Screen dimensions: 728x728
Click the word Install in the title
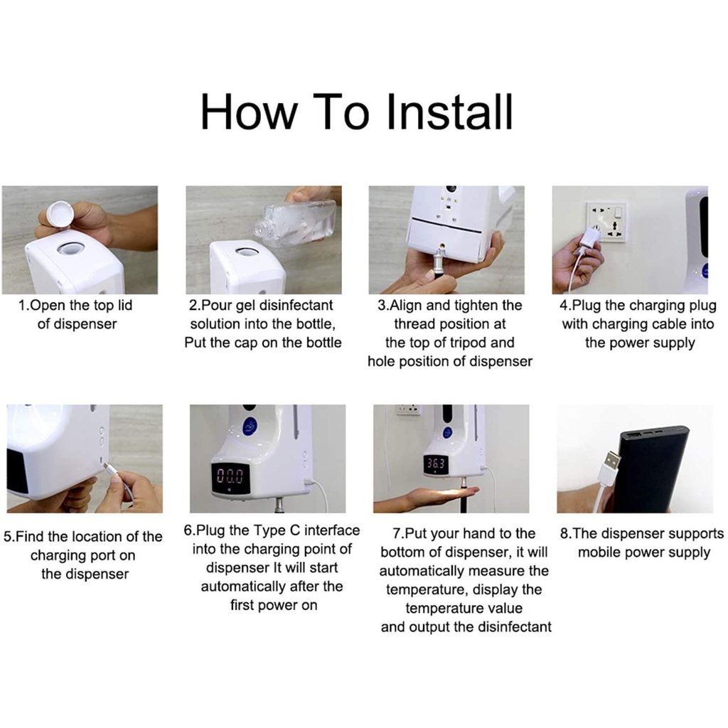point(449,112)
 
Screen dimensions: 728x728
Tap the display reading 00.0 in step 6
point(230,477)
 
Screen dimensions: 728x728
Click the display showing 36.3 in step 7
point(436,463)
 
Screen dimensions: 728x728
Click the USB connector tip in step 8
point(612,459)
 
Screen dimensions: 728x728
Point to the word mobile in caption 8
point(598,552)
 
